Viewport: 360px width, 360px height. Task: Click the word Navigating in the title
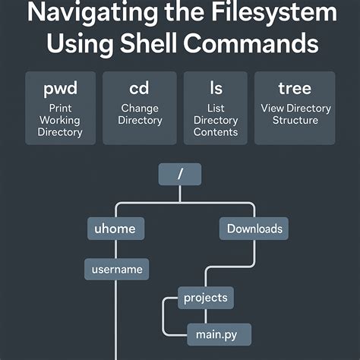[x=89, y=14]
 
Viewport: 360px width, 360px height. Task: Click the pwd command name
[x=61, y=88]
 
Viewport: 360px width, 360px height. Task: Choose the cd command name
[x=140, y=88]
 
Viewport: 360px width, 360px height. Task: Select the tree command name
[x=293, y=88]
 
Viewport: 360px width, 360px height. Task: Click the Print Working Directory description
[x=61, y=120]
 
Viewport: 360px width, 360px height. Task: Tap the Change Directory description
[x=140, y=115]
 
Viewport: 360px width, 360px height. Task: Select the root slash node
[x=180, y=175]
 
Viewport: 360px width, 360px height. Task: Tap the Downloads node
[x=254, y=228]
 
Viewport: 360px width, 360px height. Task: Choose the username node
[x=116, y=269]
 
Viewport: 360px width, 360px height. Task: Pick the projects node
[x=205, y=297]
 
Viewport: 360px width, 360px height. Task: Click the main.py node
[x=218, y=333]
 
